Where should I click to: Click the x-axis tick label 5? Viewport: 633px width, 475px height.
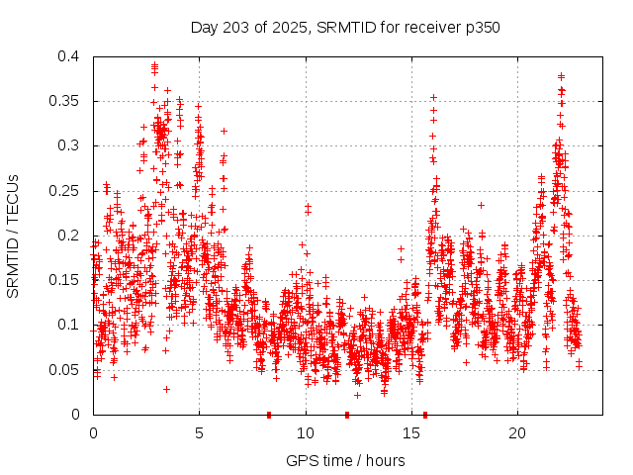pyautogui.click(x=199, y=433)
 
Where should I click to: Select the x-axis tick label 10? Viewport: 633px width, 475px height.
pyautogui.click(x=306, y=433)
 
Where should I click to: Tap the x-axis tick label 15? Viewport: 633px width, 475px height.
pyautogui.click(x=411, y=433)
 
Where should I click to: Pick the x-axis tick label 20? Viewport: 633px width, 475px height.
pyautogui.click(x=517, y=433)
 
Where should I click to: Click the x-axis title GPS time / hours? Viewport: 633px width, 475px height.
pyautogui.click(x=345, y=460)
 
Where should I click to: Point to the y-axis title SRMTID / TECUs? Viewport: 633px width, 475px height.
pyautogui.click(x=14, y=236)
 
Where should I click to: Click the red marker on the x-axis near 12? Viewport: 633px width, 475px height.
pyautogui.click(x=347, y=415)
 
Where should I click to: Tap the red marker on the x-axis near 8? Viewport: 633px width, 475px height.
pyautogui.click(x=269, y=415)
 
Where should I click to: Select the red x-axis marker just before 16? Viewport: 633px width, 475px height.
pyautogui.click(x=425, y=415)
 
